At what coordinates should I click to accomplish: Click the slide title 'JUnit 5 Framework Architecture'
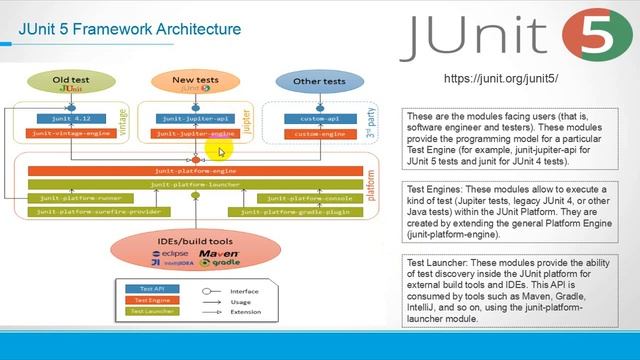pyautogui.click(x=130, y=28)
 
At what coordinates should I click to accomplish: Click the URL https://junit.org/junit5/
pyautogui.click(x=500, y=78)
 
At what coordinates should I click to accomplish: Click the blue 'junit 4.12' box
pyautogui.click(x=68, y=119)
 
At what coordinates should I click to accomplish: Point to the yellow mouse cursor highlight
pyautogui.click(x=219, y=149)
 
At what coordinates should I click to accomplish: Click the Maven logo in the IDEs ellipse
pyautogui.click(x=218, y=255)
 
